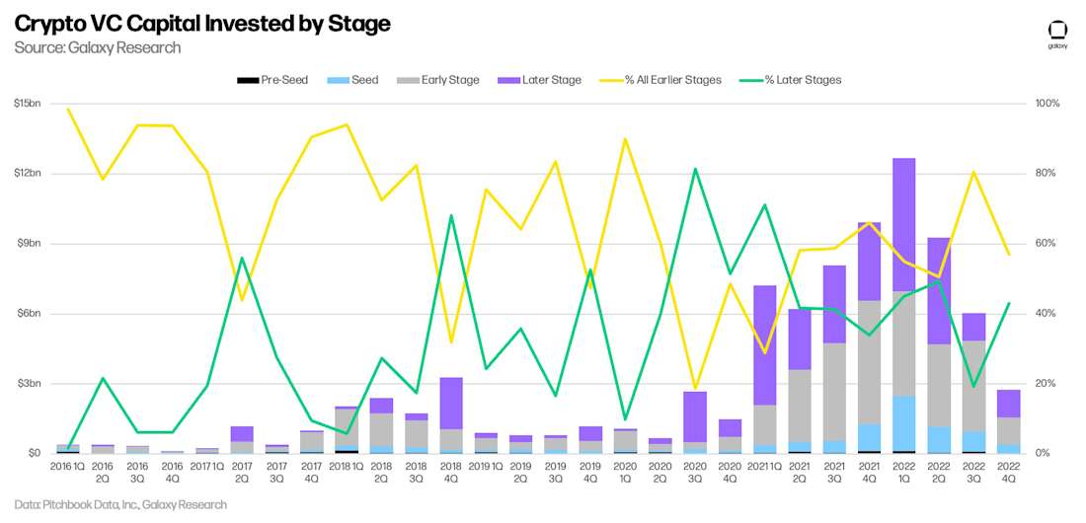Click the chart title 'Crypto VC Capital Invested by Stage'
click(x=202, y=24)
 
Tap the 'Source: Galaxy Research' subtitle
click(x=98, y=47)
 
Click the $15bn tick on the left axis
click(x=27, y=104)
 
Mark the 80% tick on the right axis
click(x=1046, y=174)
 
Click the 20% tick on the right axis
click(x=1046, y=383)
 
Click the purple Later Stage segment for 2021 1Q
click(x=764, y=345)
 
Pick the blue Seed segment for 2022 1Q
click(x=903, y=423)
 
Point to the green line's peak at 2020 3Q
click(x=694, y=169)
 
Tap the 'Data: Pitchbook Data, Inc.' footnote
click(x=120, y=504)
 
